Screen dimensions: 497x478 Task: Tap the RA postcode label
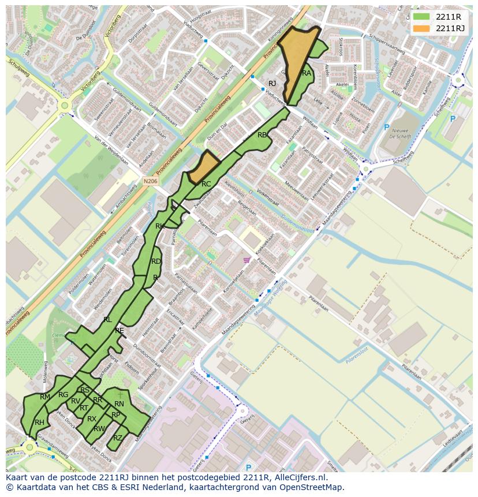tap(307, 73)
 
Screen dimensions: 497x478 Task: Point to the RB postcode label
tap(263, 135)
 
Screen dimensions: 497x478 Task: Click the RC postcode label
tap(206, 184)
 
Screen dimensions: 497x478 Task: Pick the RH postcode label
tap(39, 423)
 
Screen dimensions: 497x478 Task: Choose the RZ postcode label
tap(118, 438)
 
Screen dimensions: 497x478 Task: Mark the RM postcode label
tap(45, 397)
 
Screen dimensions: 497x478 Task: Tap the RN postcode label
tap(119, 404)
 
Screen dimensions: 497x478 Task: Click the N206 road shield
tap(151, 181)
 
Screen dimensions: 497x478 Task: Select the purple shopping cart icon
tap(247, 260)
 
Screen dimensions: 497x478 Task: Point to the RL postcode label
tap(107, 319)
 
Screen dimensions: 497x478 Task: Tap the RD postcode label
tap(156, 261)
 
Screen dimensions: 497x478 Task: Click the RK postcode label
tap(160, 226)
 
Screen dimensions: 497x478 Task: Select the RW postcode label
tap(99, 428)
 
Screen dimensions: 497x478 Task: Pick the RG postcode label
tap(63, 395)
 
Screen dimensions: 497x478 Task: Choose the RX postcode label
tap(92, 419)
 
